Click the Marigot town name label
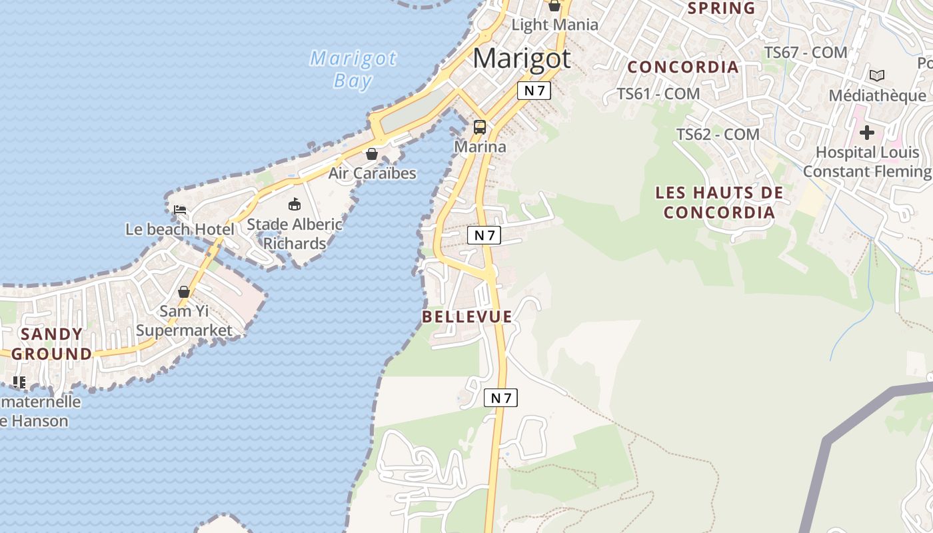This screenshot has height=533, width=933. point(521,59)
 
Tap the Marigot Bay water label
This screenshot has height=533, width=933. point(353,69)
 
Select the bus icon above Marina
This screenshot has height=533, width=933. point(480,127)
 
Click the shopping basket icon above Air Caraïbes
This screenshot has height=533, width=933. point(372,154)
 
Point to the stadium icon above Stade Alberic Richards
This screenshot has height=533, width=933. point(294,204)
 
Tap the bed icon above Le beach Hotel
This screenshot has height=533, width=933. point(180,210)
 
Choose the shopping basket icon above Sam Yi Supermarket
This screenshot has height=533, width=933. point(184,292)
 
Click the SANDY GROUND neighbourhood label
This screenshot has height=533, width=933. point(51,344)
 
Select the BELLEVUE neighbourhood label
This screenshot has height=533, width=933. point(467,317)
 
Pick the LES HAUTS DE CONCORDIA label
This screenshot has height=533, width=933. point(719,203)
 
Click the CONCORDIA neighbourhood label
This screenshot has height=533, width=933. point(683,67)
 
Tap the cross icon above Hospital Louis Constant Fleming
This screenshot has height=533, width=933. point(866,133)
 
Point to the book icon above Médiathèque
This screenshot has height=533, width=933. point(877,75)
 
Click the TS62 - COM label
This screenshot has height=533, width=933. point(718,135)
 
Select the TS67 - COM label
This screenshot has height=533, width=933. point(806,52)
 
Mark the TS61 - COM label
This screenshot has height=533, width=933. point(658,94)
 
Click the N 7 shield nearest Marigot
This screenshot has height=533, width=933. point(534,91)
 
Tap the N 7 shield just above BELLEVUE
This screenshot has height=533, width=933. point(484,235)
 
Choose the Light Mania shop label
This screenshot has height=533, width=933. point(554,25)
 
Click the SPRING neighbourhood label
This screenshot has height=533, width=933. point(721,9)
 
